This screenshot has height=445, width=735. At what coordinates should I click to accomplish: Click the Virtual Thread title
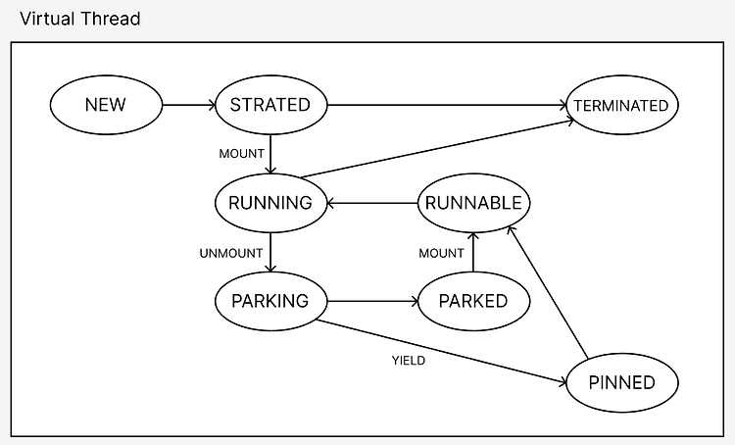tap(80, 19)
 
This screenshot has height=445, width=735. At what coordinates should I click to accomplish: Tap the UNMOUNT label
tap(231, 254)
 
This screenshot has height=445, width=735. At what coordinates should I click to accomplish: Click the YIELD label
tap(409, 361)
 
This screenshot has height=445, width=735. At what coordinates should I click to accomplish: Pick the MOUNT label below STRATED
tap(241, 154)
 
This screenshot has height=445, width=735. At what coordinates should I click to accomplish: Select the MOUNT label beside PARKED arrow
tap(441, 254)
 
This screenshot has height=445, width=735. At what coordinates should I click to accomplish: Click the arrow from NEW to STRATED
tap(188, 105)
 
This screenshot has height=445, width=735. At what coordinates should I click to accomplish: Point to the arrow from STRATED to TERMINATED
tap(447, 105)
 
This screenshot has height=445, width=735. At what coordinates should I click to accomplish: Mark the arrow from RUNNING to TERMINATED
tap(437, 149)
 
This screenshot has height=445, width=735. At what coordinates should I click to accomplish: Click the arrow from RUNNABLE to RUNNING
tap(372, 204)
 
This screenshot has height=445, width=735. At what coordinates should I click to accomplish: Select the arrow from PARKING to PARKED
tap(372, 302)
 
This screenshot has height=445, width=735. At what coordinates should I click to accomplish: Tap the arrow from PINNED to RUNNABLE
tap(548, 293)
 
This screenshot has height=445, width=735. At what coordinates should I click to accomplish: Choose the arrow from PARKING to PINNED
tap(442, 353)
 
